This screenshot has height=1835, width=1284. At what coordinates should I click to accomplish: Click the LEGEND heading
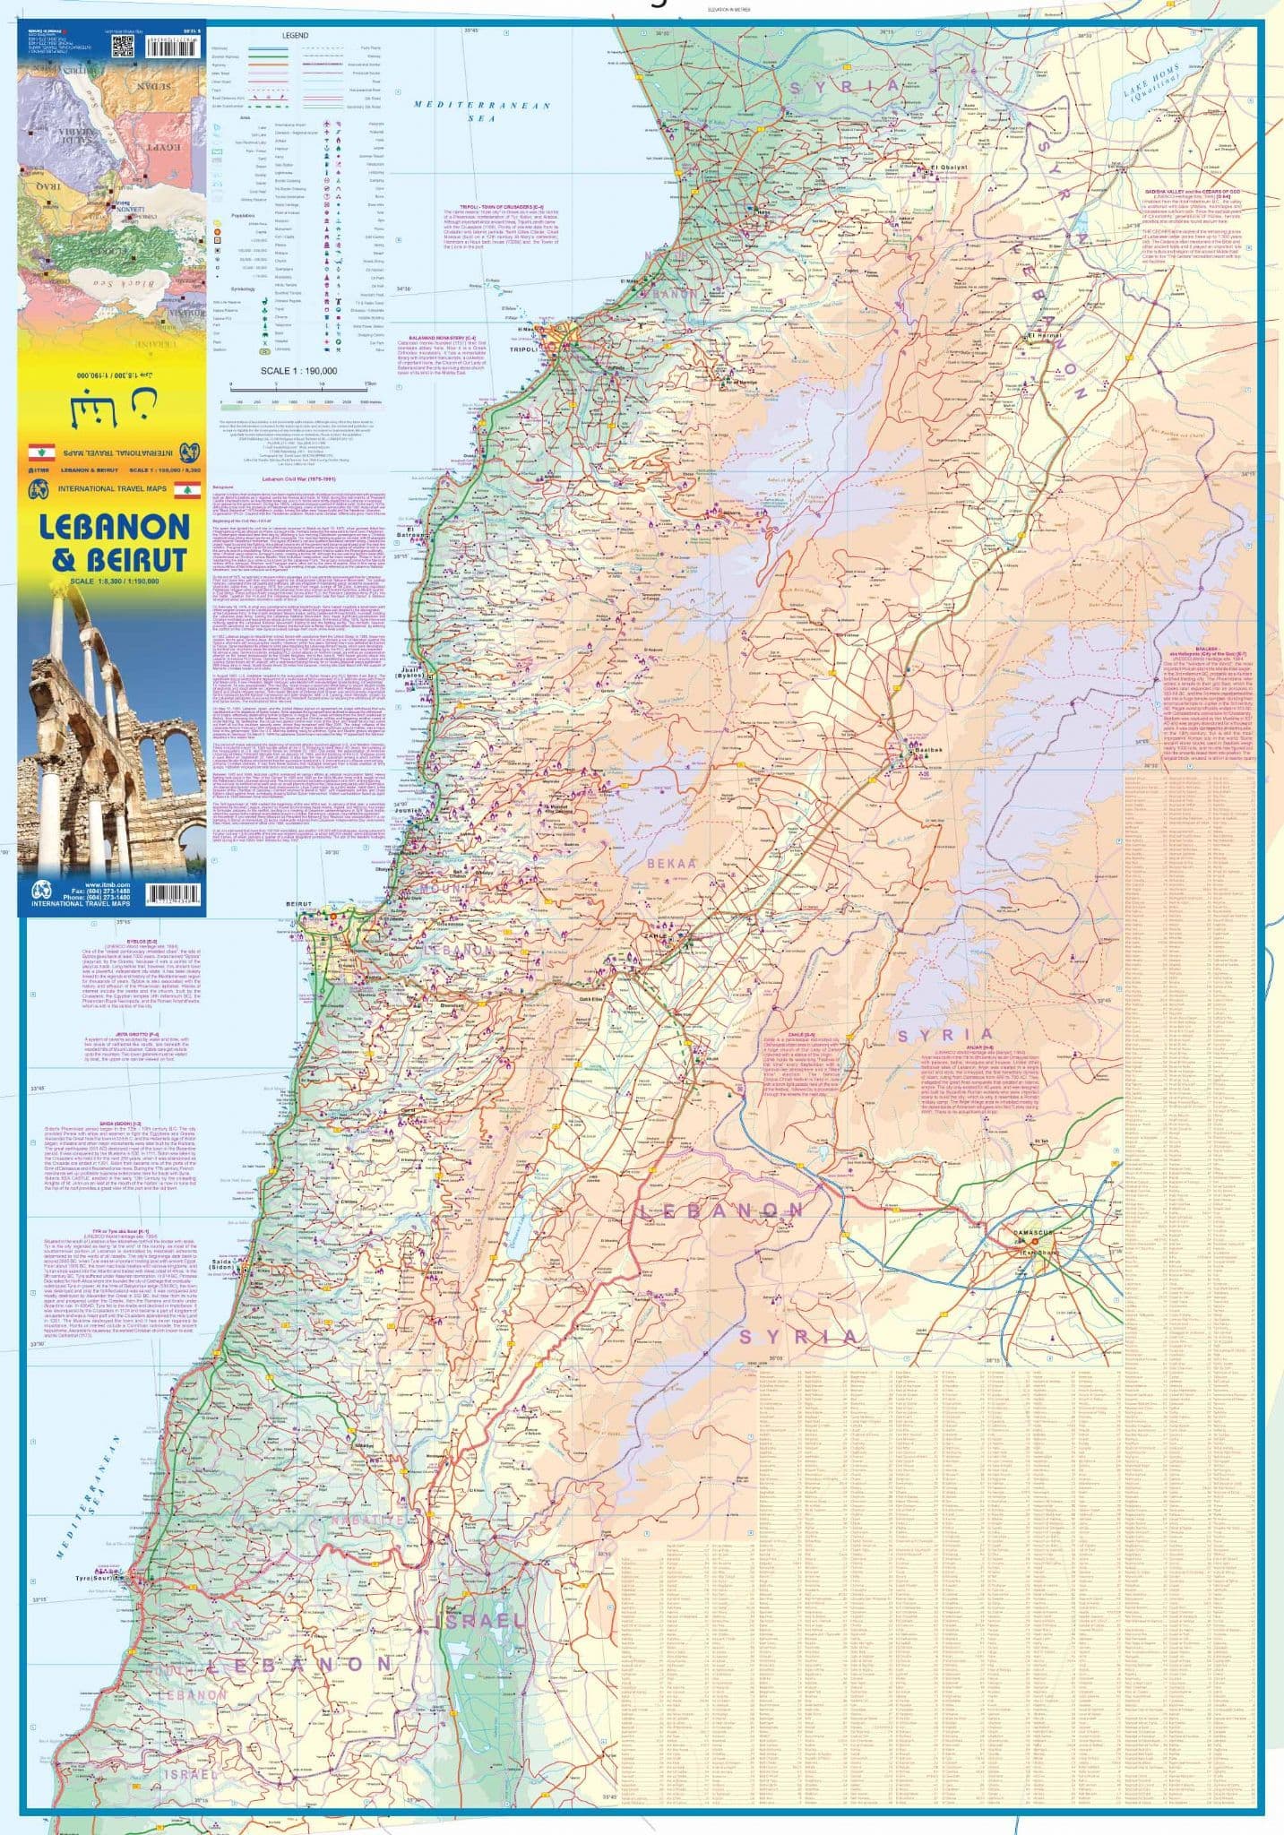(x=295, y=36)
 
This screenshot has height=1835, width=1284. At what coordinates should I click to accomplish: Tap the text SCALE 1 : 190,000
(x=298, y=370)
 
